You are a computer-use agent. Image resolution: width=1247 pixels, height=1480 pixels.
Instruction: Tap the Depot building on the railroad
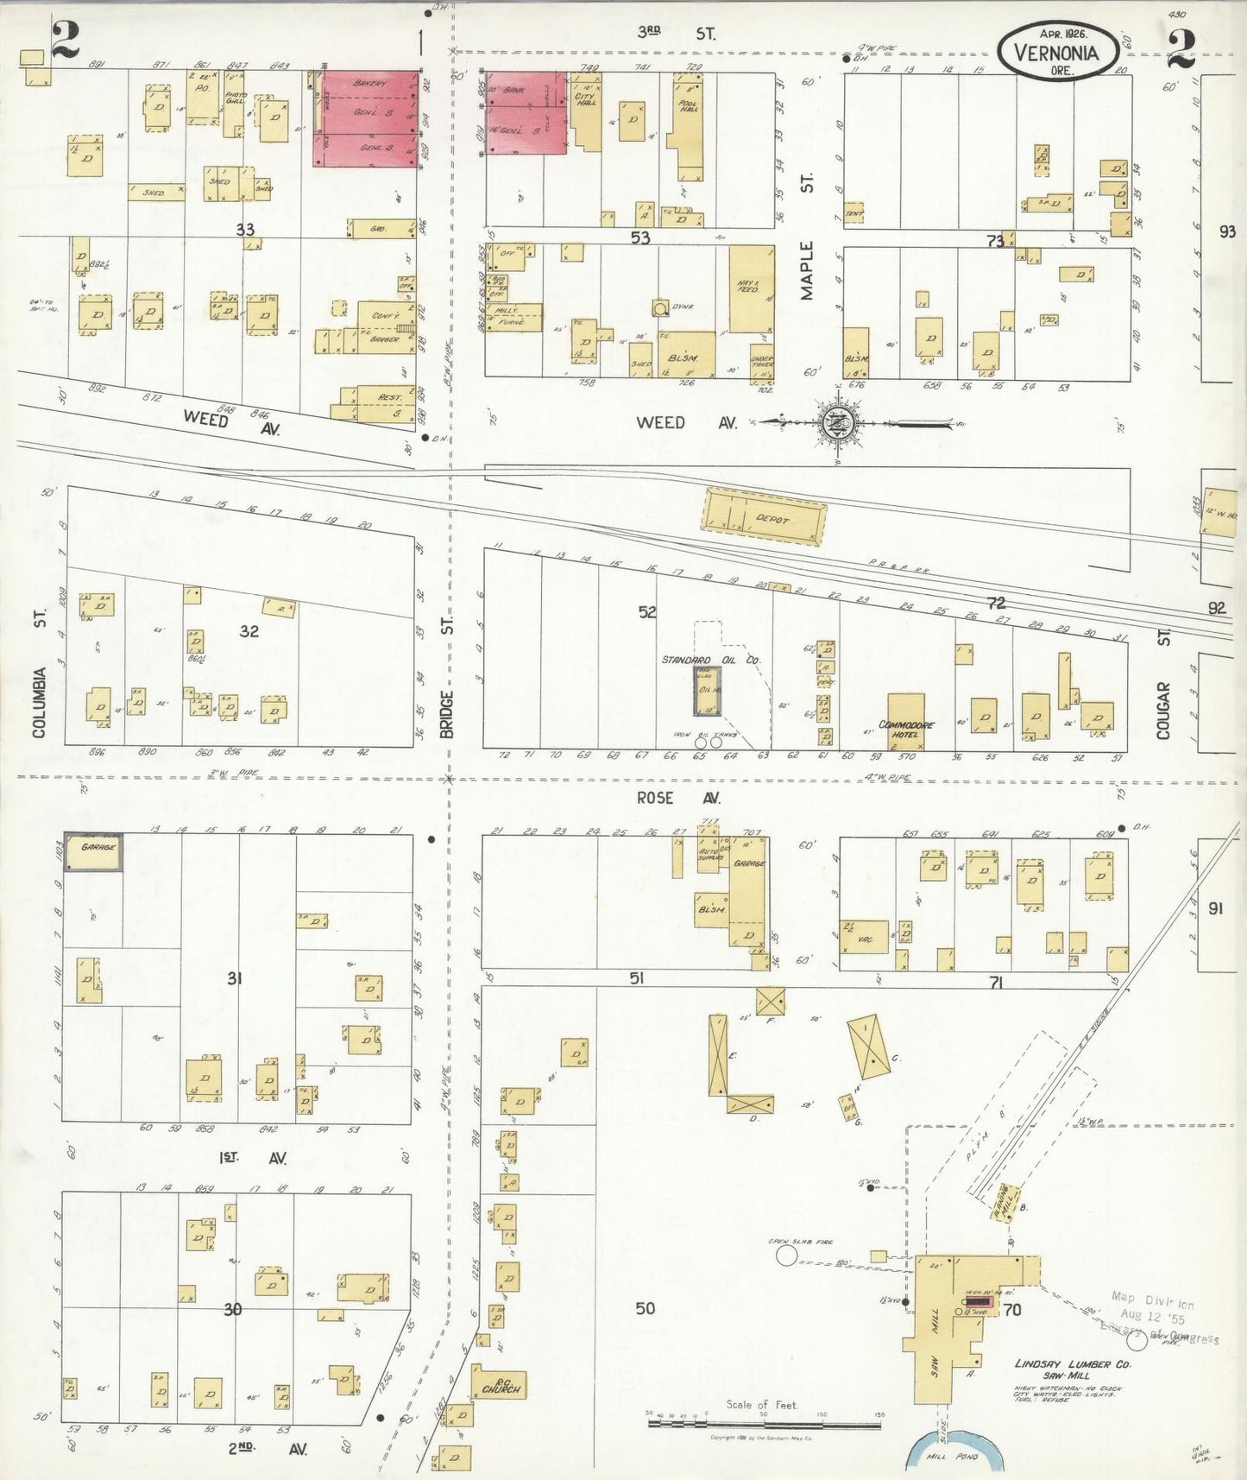765,516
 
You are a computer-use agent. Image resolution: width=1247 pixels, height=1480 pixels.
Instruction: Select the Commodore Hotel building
906,722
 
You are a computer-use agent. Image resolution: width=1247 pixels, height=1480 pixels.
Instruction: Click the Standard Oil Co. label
710,660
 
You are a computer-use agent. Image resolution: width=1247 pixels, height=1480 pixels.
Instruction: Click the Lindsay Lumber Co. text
1072,1365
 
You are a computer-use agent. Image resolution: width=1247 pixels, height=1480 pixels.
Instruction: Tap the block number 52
648,612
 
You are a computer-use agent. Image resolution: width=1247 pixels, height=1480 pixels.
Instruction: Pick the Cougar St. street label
1163,709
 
